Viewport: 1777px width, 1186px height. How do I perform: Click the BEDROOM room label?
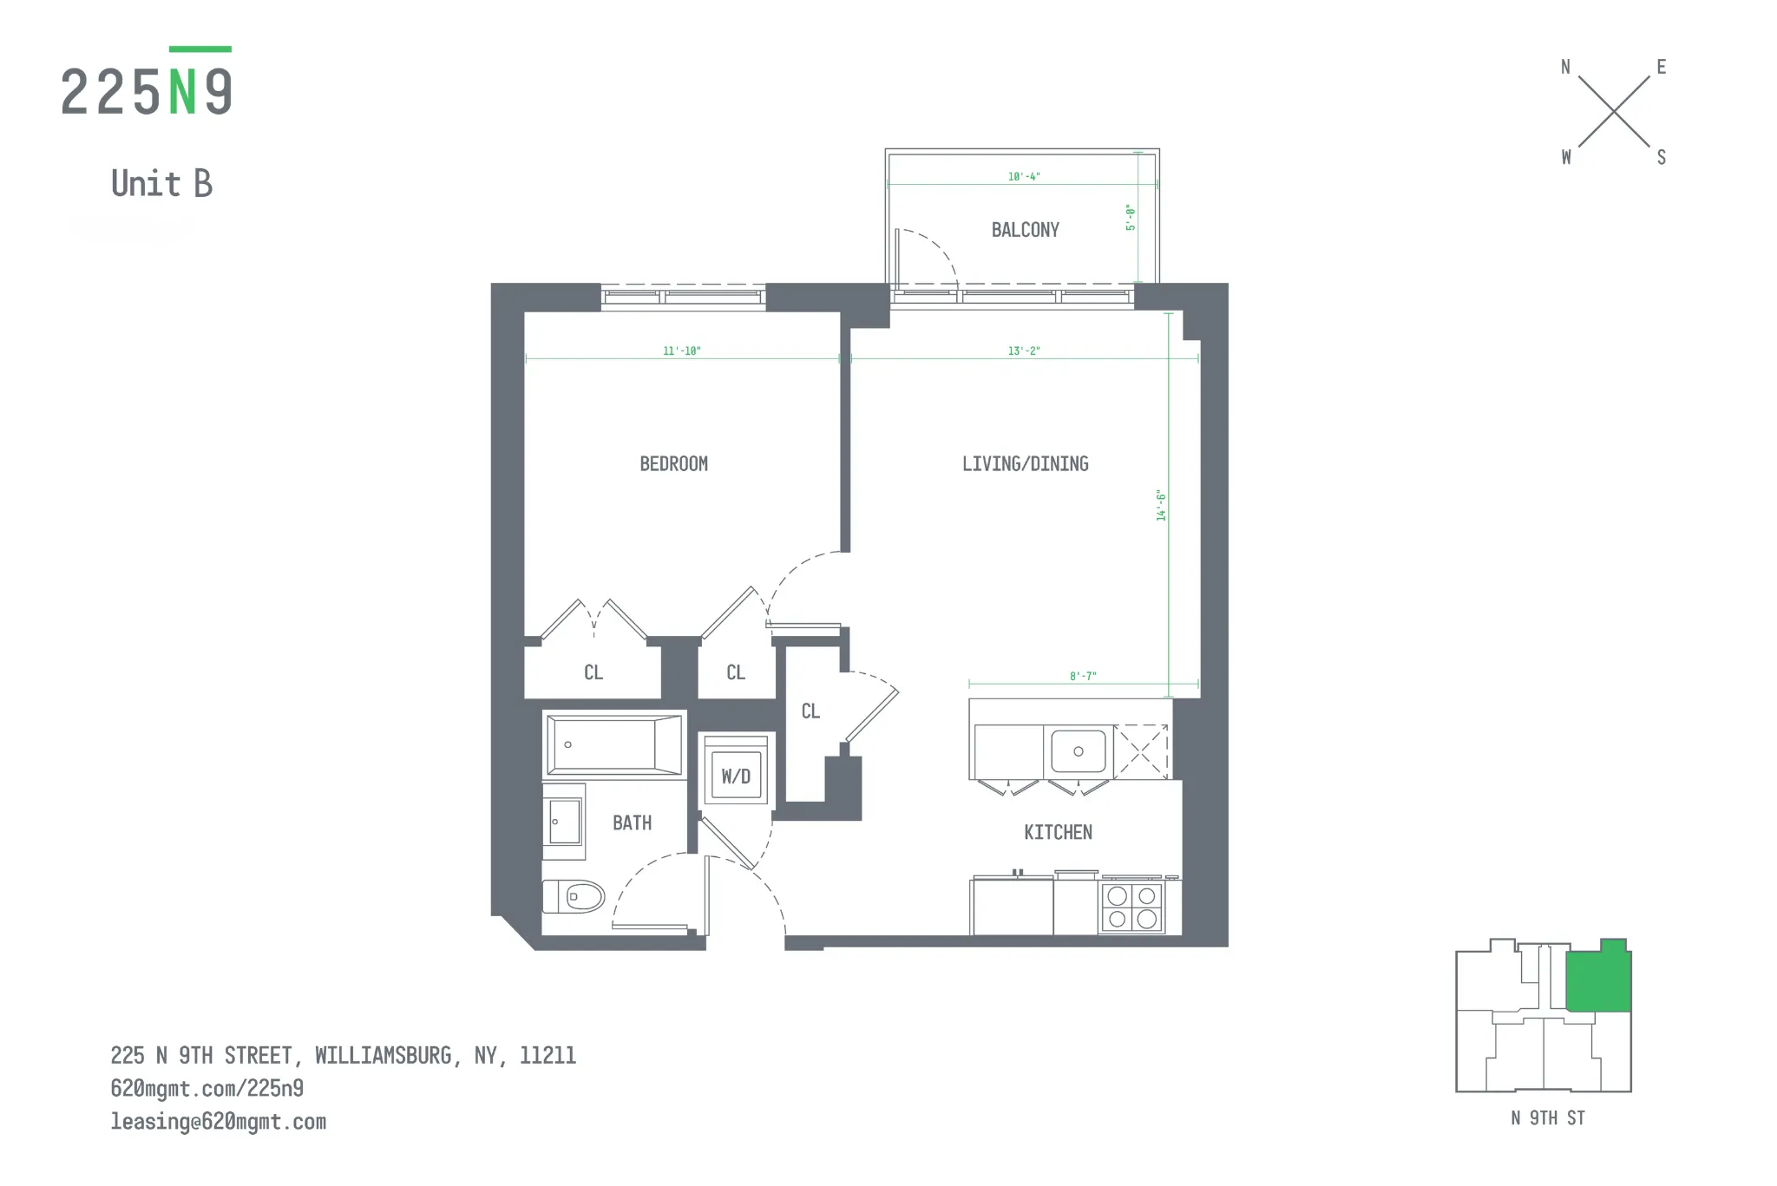coord(673,464)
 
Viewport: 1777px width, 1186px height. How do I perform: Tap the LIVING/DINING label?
coord(1025,464)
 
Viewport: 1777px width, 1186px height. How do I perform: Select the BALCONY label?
coord(1025,230)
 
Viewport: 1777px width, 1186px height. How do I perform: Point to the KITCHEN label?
coord(1058,833)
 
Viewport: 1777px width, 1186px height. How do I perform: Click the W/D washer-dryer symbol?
coord(736,776)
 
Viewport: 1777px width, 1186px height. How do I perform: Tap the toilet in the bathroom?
coord(575,896)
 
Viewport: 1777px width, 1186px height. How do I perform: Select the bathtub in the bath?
coord(614,744)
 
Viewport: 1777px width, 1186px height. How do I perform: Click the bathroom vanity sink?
coord(564,821)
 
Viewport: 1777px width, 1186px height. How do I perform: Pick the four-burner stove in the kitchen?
coord(1131,908)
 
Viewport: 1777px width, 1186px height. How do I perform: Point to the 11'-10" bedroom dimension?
coord(681,351)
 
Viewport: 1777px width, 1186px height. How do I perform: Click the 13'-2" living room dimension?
coord(1024,351)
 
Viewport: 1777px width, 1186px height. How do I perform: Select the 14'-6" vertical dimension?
coord(1161,505)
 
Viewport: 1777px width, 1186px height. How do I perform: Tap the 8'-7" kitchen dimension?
coord(1083,676)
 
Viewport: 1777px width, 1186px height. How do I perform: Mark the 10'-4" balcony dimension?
coord(1024,177)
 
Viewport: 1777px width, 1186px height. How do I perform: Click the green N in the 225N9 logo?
coord(182,92)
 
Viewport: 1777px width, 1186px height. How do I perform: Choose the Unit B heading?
coord(162,184)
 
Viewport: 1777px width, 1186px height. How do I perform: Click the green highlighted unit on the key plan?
coord(1598,981)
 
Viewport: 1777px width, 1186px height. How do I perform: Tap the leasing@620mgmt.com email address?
coord(219,1122)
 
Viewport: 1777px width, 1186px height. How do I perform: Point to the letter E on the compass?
coord(1661,67)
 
